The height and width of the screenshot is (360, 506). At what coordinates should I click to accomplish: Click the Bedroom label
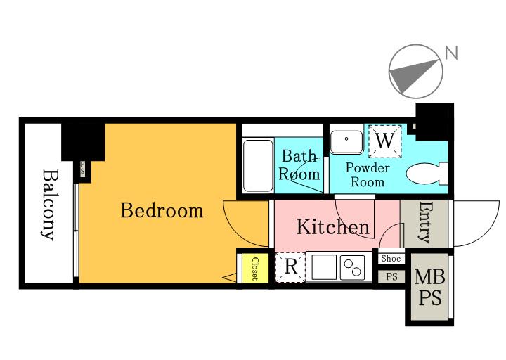point(162,210)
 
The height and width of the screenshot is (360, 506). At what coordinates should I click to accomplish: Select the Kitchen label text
point(333,226)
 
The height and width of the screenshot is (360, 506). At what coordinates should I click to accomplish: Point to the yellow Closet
point(255,269)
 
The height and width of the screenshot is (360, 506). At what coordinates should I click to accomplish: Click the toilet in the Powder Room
point(427,174)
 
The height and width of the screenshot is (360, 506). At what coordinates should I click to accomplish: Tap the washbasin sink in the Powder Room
point(346,142)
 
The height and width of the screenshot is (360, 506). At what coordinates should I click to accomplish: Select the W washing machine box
point(385,141)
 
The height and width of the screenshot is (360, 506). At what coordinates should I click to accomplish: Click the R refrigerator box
point(290,267)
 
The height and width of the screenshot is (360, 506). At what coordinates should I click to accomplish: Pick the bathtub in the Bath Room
point(258,166)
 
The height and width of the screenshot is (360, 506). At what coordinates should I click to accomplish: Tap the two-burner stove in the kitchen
point(352,268)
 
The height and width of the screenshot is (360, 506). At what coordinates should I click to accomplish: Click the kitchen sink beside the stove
point(324,267)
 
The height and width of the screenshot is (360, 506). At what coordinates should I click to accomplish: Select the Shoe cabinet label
point(391,258)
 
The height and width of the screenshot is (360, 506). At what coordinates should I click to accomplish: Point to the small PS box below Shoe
point(391,277)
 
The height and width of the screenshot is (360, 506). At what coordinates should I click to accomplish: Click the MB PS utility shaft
point(429,287)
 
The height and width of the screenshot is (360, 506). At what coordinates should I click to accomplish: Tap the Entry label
point(425,222)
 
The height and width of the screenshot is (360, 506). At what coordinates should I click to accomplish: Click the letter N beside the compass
point(451,53)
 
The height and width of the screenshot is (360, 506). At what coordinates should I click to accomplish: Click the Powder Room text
point(368,174)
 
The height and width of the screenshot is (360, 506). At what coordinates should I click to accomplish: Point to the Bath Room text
point(299,165)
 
